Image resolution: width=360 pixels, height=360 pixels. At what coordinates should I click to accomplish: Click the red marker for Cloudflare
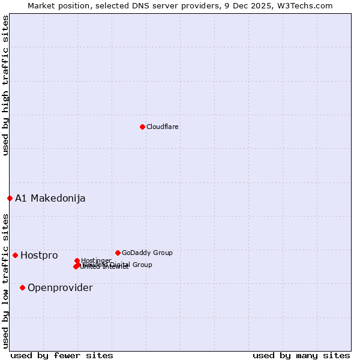[142, 127]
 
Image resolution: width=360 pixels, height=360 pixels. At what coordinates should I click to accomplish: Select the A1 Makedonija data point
[10, 198]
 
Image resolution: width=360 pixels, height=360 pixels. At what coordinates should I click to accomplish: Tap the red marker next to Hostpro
[15, 255]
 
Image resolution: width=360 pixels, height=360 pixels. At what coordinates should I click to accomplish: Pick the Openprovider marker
[22, 287]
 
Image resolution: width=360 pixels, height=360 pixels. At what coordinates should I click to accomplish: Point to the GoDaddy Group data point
[118, 253]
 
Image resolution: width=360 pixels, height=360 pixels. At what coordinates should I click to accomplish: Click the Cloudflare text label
[163, 127]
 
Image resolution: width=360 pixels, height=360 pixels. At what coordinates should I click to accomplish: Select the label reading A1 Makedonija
[50, 198]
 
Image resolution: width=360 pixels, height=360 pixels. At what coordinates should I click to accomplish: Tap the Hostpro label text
[39, 255]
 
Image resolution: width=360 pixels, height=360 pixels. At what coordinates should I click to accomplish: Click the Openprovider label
[60, 287]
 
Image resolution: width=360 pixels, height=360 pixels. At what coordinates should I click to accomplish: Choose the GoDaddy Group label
[147, 253]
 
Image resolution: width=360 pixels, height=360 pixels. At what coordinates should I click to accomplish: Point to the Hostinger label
[97, 260]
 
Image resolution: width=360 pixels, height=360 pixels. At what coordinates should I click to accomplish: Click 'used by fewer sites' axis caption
[62, 355]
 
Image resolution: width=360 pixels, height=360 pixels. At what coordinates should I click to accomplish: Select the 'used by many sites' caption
[301, 355]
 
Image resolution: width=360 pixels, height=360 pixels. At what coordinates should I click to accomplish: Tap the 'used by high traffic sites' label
[5, 85]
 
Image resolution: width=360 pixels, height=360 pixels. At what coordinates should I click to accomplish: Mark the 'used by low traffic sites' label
[5, 280]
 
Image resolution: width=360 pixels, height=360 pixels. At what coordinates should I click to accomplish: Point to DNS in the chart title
[152, 5]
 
